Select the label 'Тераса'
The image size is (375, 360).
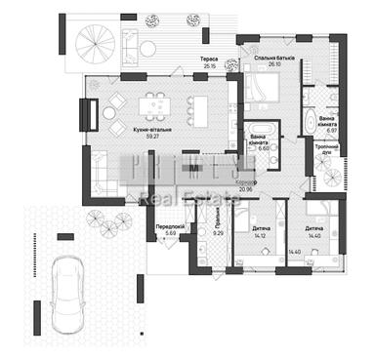click(x=209, y=60)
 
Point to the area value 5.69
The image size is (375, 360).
click(x=170, y=233)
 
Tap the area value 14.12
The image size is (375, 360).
click(x=261, y=233)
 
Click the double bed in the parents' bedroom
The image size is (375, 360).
click(x=264, y=93)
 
